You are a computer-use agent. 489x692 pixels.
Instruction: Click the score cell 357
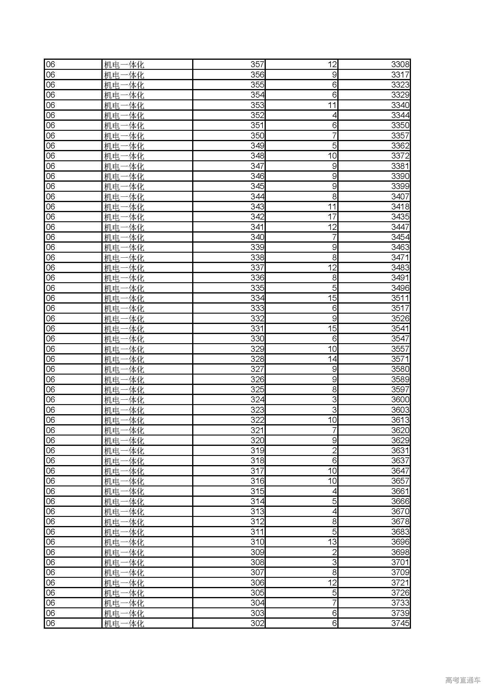pyautogui.click(x=257, y=64)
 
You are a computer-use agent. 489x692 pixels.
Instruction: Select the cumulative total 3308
pyautogui.click(x=400, y=64)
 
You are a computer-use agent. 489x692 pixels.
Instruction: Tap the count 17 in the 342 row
pyautogui.click(x=332, y=217)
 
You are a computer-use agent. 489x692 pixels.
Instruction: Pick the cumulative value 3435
pyautogui.click(x=400, y=217)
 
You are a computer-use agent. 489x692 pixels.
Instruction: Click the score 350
pyautogui.click(x=257, y=136)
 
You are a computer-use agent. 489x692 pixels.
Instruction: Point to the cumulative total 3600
pyautogui.click(x=400, y=400)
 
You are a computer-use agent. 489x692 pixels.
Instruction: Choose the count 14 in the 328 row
pyautogui.click(x=332, y=359)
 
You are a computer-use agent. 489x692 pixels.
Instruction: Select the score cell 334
pyautogui.click(x=257, y=298)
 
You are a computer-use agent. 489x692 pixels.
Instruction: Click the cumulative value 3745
pyautogui.click(x=400, y=623)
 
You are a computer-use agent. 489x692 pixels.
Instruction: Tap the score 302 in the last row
pyautogui.click(x=257, y=623)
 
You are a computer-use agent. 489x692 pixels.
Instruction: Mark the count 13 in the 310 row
pyautogui.click(x=332, y=542)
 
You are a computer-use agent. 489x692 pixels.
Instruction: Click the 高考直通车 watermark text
pyautogui.click(x=463, y=680)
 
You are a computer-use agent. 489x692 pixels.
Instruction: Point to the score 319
pyautogui.click(x=257, y=451)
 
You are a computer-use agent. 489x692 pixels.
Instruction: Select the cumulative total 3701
pyautogui.click(x=400, y=562)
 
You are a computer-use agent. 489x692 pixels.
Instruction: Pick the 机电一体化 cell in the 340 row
pyautogui.click(x=124, y=238)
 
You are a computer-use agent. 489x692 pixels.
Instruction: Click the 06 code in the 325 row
pyautogui.click(x=51, y=390)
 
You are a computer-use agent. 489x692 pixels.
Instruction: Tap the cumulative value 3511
pyautogui.click(x=400, y=298)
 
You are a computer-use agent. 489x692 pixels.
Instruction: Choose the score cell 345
pyautogui.click(x=257, y=186)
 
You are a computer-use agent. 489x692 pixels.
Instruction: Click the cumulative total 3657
pyautogui.click(x=400, y=481)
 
